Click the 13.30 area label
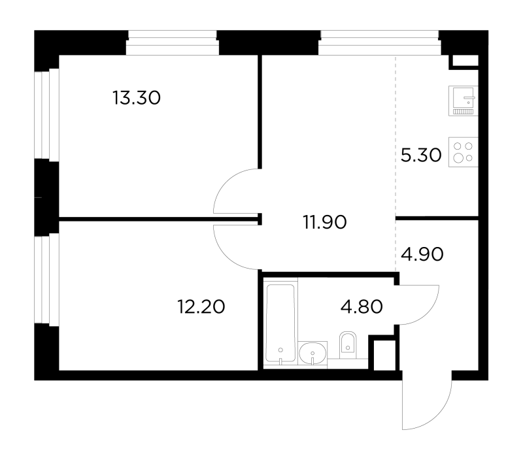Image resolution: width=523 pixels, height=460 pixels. tap(137, 98)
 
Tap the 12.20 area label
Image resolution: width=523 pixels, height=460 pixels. tap(201, 306)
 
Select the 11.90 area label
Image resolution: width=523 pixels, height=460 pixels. tap(325, 222)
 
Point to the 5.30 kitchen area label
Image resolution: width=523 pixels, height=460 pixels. tap(421, 156)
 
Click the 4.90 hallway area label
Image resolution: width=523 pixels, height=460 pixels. tap(422, 254)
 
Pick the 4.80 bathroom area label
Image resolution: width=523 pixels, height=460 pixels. tap(362, 306)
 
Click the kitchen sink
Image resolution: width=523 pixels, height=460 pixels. tap(464, 101)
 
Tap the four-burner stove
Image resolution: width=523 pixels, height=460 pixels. tap(464, 152)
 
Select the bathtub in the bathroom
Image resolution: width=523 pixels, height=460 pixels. tap(280, 322)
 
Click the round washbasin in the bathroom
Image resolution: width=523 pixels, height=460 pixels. tap(312, 353)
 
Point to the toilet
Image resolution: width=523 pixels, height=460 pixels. tap(348, 346)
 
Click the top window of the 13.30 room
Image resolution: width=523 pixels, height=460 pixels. tap(173, 42)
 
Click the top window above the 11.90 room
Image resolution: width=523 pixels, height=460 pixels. tap(380, 42)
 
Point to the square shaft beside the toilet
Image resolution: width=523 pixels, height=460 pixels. tap(384, 355)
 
